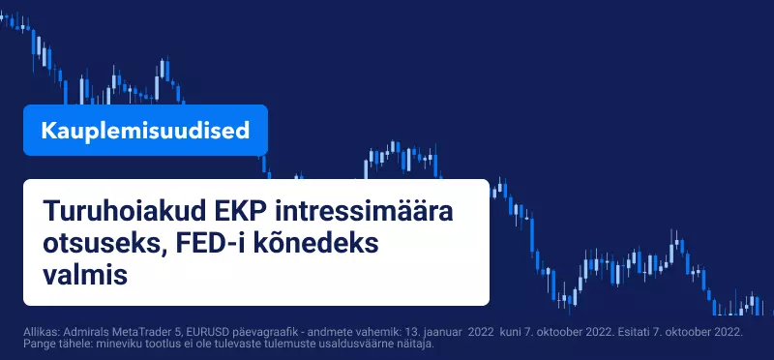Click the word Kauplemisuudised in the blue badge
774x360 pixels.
(x=145, y=131)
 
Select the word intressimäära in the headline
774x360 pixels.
(x=364, y=211)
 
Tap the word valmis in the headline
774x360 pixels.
(x=85, y=276)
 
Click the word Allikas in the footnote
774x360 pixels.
(x=39, y=332)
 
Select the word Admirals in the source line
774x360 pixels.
(x=77, y=332)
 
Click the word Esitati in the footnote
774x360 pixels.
(x=622, y=332)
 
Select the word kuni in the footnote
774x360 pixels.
(x=510, y=332)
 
